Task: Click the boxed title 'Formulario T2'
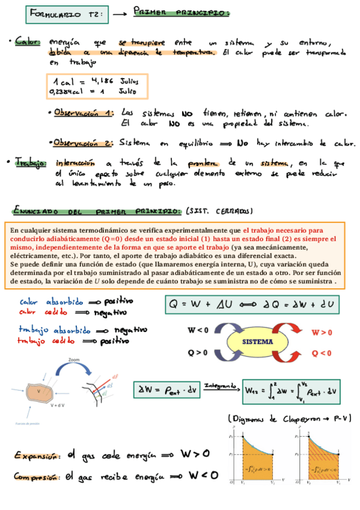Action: [66, 13]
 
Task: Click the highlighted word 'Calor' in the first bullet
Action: [28, 42]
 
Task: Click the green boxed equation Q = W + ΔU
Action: [252, 305]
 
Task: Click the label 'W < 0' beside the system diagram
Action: [198, 330]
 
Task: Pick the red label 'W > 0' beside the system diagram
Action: [322, 332]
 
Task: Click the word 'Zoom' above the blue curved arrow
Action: [74, 358]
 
